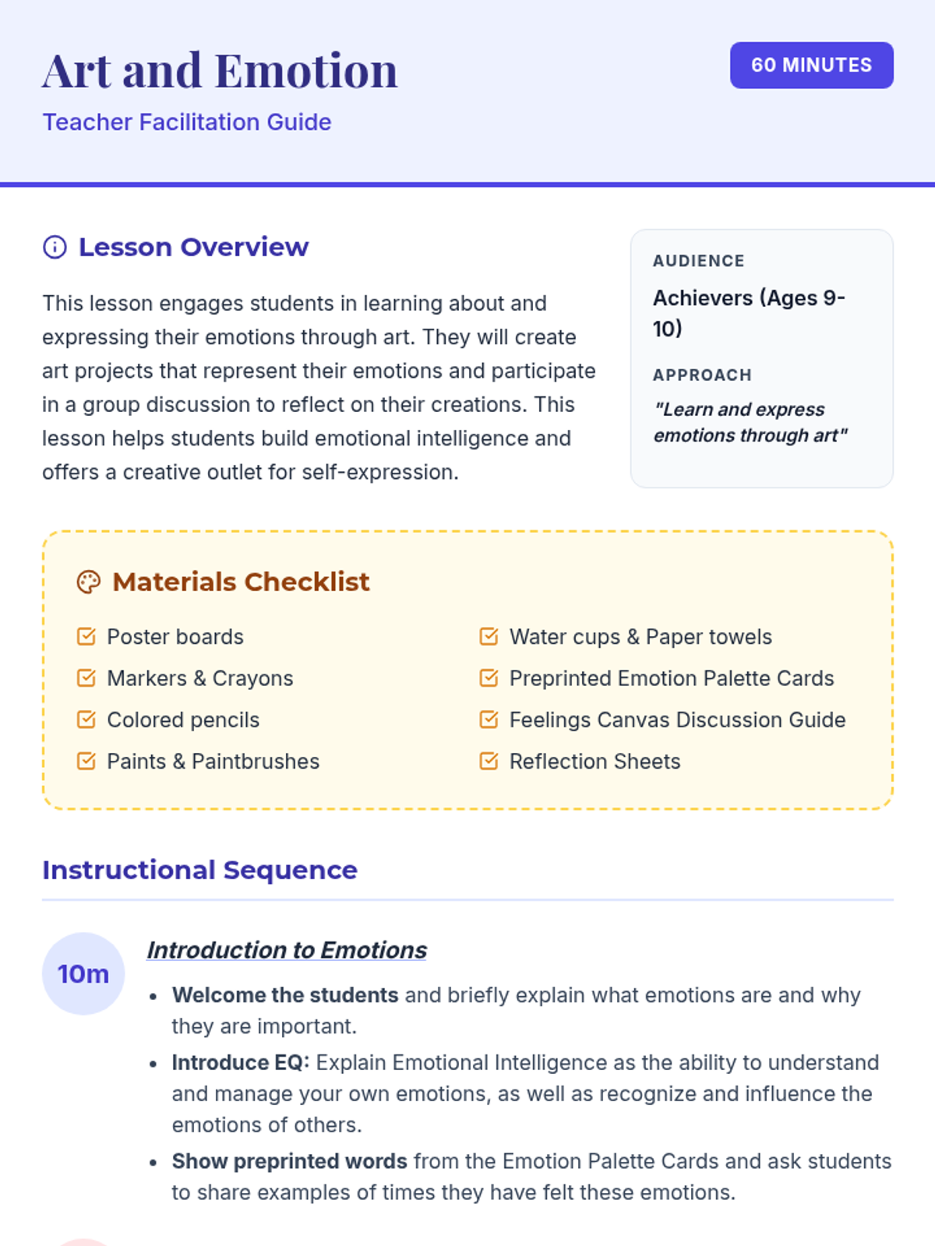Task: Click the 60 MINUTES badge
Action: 811,65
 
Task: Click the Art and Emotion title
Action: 220,71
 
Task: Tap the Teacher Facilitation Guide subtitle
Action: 187,122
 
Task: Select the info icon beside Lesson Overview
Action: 55,248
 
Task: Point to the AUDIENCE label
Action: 698,261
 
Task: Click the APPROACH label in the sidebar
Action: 702,375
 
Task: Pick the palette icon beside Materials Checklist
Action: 89,583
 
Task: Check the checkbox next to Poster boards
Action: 86,637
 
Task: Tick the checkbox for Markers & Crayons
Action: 86,678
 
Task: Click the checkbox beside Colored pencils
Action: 86,720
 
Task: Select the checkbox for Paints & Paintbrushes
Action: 86,761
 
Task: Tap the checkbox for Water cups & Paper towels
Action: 489,637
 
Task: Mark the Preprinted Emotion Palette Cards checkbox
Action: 489,678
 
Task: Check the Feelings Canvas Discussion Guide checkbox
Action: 489,720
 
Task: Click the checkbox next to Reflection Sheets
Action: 489,761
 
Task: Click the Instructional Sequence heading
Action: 199,870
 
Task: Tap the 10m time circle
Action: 83,973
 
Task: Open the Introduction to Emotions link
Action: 287,950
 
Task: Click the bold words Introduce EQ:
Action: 241,1063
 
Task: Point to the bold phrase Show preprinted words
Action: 289,1161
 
